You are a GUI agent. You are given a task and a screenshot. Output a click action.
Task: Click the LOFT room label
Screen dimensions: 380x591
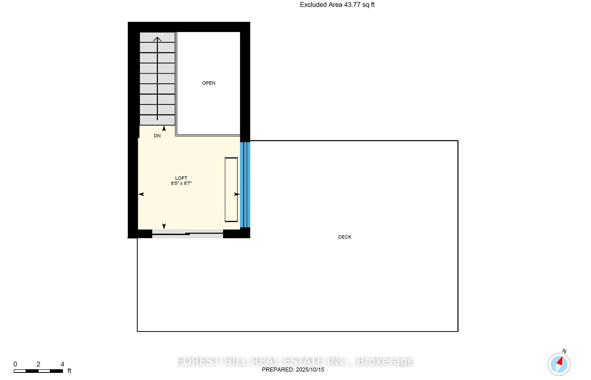click(x=181, y=178)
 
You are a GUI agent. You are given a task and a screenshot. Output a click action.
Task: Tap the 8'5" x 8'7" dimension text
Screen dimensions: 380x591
click(x=181, y=183)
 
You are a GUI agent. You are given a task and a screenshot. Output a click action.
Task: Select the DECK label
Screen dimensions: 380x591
click(x=345, y=237)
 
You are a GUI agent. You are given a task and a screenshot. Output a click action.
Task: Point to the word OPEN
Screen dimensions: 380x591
click(x=209, y=83)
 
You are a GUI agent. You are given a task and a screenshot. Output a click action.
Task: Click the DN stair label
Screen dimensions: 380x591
click(x=157, y=136)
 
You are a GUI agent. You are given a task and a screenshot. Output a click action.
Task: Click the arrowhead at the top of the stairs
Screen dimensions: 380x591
click(x=157, y=39)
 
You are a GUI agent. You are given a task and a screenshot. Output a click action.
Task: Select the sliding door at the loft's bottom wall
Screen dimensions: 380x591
click(x=188, y=234)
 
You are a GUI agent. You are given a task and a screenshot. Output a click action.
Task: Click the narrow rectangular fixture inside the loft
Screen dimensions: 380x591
click(x=231, y=189)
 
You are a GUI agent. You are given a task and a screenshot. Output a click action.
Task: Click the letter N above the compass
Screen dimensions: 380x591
click(x=564, y=351)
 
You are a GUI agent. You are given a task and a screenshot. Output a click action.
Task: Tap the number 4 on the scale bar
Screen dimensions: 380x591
click(x=62, y=364)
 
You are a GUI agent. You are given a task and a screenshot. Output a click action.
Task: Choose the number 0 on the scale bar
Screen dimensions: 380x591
click(x=15, y=364)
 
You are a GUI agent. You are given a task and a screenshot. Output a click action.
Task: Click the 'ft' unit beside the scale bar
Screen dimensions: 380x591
click(x=69, y=371)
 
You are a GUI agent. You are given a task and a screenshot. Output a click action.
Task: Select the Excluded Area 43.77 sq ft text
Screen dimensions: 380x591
click(x=337, y=5)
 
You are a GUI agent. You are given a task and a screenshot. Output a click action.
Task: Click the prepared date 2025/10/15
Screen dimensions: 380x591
click(x=310, y=370)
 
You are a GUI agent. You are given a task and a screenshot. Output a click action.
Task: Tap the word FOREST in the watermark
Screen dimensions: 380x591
click(x=198, y=361)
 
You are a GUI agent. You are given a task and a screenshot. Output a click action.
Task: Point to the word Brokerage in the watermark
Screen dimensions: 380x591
click(x=385, y=361)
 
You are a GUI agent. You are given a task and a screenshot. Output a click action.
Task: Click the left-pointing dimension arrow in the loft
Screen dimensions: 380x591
click(x=141, y=194)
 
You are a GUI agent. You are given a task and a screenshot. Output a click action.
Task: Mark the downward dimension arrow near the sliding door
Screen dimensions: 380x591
click(x=164, y=226)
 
